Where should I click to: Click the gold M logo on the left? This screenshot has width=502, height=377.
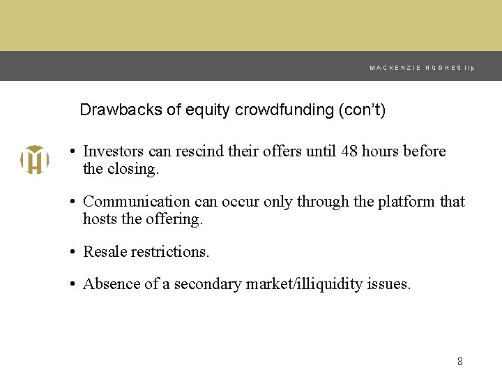click(34, 160)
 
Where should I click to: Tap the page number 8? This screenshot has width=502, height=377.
click(459, 361)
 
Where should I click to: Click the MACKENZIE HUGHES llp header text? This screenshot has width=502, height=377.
click(422, 68)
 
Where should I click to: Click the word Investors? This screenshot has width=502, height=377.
click(114, 151)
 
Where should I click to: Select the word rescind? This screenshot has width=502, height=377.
click(202, 151)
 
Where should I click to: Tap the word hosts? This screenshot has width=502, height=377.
click(99, 219)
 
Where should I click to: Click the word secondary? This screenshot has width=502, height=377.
click(208, 284)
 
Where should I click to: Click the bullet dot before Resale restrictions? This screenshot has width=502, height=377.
click(72, 252)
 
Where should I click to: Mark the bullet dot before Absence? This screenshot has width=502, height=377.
click(72, 284)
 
